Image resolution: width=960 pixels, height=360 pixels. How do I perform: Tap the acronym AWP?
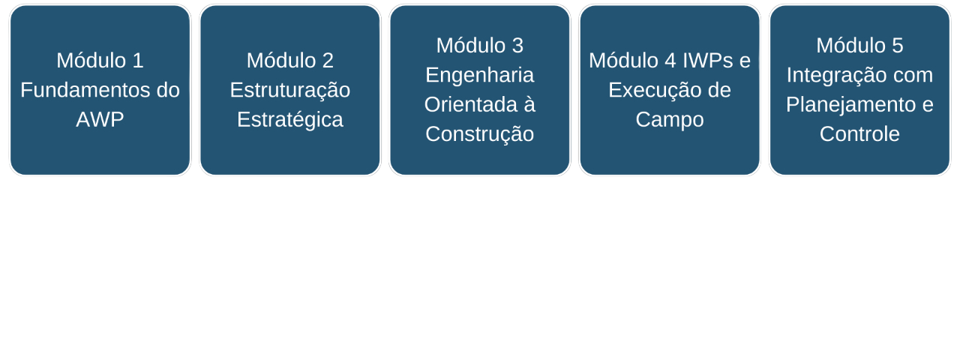(x=100, y=120)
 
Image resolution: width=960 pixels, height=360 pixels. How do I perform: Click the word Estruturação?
(x=289, y=90)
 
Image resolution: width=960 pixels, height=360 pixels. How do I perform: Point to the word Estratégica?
(x=289, y=120)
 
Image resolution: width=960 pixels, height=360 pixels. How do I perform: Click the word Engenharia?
(x=479, y=75)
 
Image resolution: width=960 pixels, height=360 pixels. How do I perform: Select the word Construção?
(x=479, y=134)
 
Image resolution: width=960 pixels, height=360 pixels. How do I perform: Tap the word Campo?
(x=669, y=120)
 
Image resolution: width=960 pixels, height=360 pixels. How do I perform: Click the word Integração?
(x=836, y=75)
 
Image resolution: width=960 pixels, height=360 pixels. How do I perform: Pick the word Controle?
(x=859, y=134)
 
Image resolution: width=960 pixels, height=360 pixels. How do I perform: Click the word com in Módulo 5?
(x=913, y=76)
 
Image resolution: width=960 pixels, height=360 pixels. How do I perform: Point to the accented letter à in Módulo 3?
(x=529, y=105)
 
